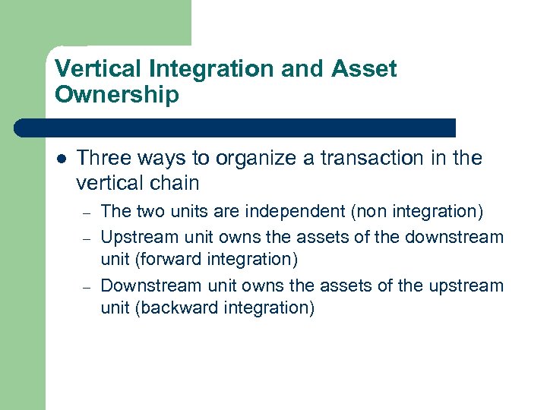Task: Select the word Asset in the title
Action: [364, 70]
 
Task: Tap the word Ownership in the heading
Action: [117, 95]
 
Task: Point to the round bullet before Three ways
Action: [60, 159]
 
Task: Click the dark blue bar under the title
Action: [236, 128]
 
